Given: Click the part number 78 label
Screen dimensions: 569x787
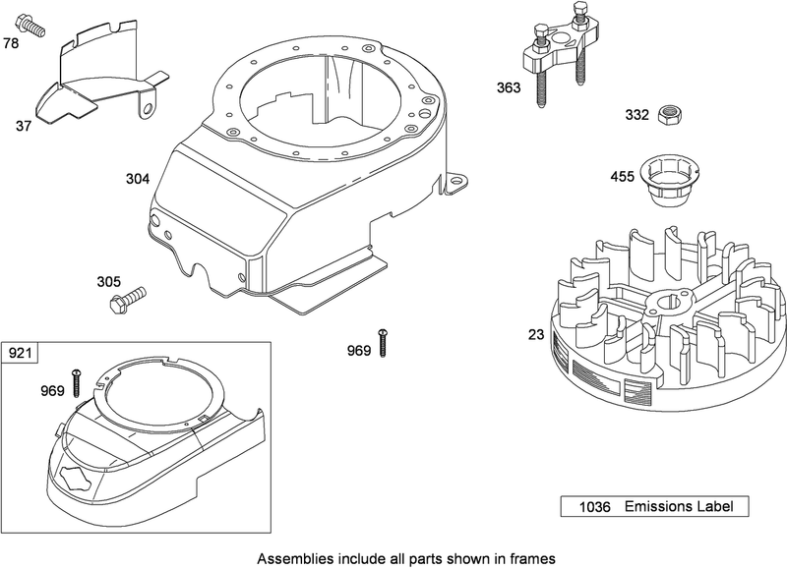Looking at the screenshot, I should point(11,43).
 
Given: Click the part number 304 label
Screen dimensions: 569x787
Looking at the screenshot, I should point(138,179).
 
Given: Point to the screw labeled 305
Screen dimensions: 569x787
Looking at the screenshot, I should point(127,296).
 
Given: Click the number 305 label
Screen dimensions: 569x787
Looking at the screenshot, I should point(109,281).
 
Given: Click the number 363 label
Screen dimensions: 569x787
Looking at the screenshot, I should point(509,87).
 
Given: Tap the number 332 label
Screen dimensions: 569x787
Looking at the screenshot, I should point(636,115).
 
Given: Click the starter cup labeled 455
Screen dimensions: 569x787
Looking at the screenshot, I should point(670,181).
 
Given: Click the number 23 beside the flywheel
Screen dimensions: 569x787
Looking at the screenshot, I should point(535,335).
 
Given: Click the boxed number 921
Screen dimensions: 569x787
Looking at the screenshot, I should point(22,353).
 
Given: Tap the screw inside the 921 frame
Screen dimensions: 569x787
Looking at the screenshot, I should point(75,382).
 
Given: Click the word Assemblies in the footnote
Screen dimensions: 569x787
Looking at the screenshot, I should point(292,557).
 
